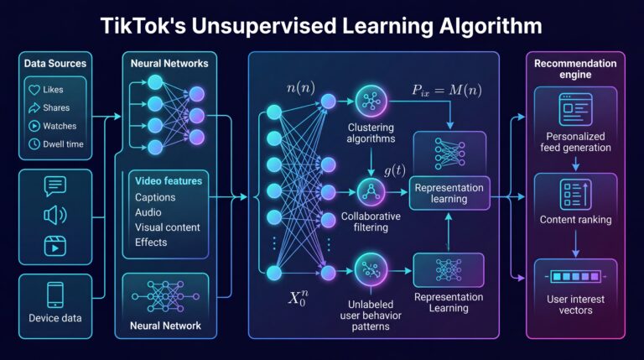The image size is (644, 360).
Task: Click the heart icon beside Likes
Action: click(x=34, y=90)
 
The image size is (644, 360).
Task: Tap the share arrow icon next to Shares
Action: click(x=34, y=107)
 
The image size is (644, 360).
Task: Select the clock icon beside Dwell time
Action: click(x=34, y=143)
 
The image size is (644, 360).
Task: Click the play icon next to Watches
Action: click(x=34, y=126)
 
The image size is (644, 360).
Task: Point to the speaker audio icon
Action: click(x=55, y=216)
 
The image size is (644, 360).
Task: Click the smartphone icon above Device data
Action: click(x=55, y=295)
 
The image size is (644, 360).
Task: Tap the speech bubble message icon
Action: click(x=55, y=186)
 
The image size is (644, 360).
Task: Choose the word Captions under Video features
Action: click(x=155, y=197)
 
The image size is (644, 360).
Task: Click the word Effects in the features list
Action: click(x=151, y=242)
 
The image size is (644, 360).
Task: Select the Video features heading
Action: click(x=169, y=180)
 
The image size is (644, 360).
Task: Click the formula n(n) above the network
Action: click(x=301, y=88)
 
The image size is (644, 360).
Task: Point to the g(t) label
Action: click(x=395, y=170)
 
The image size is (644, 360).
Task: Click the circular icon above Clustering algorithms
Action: click(x=371, y=101)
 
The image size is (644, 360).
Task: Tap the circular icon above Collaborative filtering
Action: click(x=371, y=192)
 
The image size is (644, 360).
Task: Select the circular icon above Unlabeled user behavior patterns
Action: click(x=371, y=270)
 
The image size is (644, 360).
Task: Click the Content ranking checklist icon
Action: click(x=575, y=195)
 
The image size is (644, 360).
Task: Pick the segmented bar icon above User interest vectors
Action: click(x=575, y=277)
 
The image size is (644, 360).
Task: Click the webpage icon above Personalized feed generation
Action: click(x=575, y=109)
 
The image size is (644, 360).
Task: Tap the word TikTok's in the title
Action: click(x=143, y=25)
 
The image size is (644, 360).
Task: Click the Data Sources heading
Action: click(x=55, y=63)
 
